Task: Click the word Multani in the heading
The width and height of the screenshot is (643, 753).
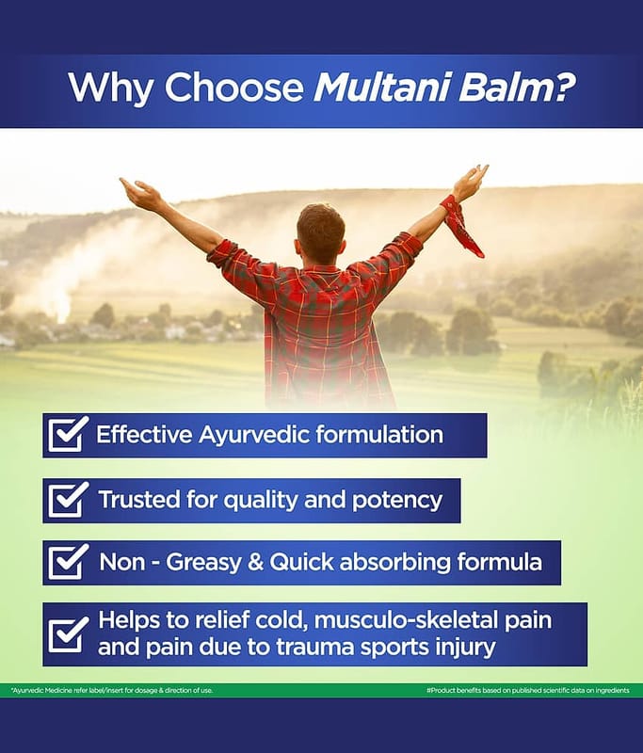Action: pos(382,87)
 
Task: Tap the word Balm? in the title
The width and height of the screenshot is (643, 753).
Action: pos(517,87)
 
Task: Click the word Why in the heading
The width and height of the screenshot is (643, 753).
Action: pos(110,88)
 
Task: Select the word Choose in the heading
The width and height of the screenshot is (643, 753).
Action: pos(234,88)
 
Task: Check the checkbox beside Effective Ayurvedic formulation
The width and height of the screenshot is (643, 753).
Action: pos(68,434)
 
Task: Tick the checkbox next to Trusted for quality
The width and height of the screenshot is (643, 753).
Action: pos(68,500)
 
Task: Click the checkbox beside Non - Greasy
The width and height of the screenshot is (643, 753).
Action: pos(68,561)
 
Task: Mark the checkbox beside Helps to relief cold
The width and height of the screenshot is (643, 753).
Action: pos(68,633)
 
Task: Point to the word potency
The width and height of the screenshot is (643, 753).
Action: pos(397,501)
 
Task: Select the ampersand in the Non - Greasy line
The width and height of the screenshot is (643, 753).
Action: pos(255,562)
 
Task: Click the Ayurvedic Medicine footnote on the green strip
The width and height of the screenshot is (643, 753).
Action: pos(112,690)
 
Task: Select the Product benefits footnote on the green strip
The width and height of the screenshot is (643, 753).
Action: pos(528,690)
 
